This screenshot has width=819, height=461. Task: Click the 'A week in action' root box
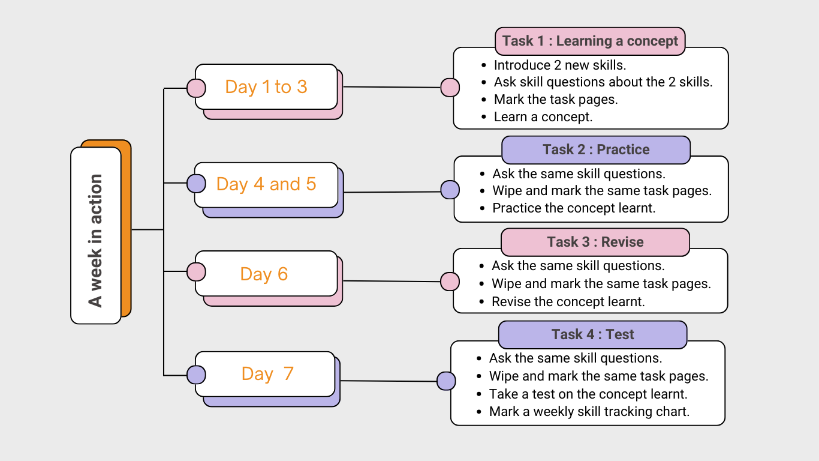click(96, 235)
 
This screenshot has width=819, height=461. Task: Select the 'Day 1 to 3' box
click(266, 87)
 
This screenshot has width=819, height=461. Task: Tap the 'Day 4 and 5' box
click(266, 184)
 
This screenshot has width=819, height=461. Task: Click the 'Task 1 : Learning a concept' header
click(590, 41)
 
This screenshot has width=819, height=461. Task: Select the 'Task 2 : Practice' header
click(596, 149)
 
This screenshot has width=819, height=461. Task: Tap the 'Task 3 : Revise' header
click(595, 242)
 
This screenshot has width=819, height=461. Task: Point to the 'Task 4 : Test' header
click(592, 334)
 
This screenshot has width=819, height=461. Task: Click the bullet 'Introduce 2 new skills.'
click(560, 65)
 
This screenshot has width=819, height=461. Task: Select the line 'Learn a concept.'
click(543, 117)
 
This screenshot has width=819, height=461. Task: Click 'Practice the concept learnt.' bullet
click(574, 208)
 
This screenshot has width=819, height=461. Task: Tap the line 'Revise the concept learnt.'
click(568, 301)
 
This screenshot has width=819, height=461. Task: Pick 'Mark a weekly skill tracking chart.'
click(589, 412)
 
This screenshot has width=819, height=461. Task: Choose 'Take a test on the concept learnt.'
click(588, 394)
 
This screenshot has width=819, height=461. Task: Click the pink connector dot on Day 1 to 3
click(196, 88)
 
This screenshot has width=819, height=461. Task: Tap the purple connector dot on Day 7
click(196, 375)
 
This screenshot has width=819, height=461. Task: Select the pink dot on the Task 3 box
click(450, 282)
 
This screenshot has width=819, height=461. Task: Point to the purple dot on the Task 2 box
click(450, 190)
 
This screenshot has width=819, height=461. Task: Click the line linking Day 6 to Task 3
click(392, 281)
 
